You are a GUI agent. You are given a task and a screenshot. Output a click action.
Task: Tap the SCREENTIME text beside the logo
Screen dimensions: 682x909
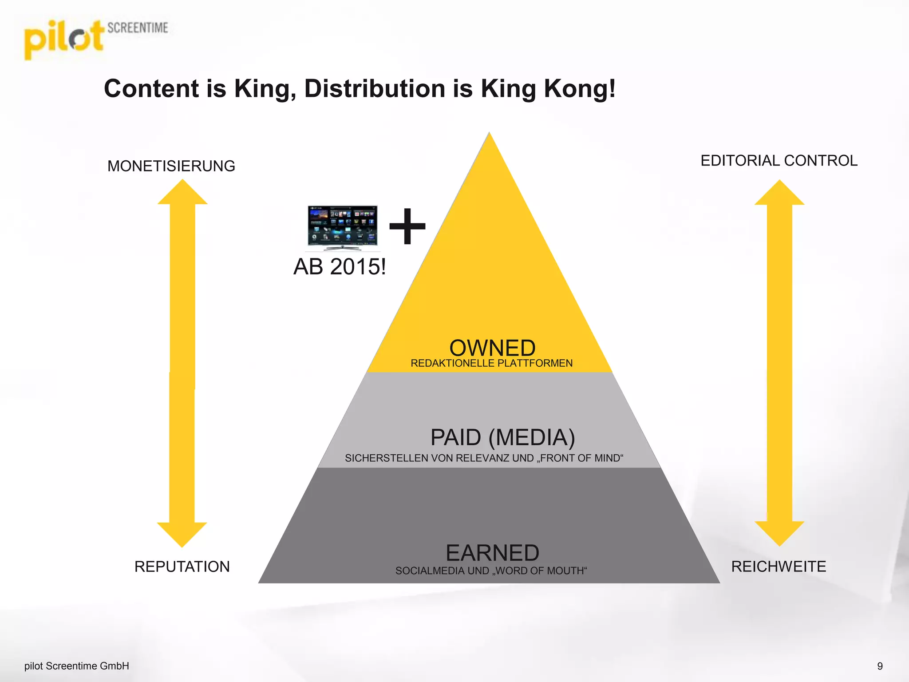point(138,28)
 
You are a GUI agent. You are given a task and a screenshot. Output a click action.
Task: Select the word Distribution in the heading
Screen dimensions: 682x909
point(375,88)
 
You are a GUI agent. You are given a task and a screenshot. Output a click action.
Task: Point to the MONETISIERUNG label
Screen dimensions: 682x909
point(171,166)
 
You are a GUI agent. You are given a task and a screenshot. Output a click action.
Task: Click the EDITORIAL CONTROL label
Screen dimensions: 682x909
point(779,161)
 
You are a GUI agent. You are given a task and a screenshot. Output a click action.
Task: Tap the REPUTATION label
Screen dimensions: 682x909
point(182,567)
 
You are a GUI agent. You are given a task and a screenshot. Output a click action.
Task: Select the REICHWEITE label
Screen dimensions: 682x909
point(779,567)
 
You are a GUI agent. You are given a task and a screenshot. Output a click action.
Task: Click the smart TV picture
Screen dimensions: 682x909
point(342,228)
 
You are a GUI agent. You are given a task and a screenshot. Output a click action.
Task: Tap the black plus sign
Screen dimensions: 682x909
point(407,226)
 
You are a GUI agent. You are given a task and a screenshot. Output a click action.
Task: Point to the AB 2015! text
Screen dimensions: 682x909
point(340,267)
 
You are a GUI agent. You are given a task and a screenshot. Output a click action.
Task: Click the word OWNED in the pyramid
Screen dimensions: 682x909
point(492,348)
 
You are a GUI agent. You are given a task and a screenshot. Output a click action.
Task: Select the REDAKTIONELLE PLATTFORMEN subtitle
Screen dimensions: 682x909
point(491,363)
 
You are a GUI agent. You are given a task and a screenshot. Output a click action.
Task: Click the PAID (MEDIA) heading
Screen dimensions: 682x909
point(502,437)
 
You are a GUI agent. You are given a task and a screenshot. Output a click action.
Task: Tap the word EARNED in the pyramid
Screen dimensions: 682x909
point(492,553)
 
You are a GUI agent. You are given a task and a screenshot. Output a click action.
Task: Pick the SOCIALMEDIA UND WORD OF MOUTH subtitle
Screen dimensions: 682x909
point(491,571)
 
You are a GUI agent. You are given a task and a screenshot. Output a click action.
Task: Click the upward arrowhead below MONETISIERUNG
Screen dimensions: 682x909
point(182,193)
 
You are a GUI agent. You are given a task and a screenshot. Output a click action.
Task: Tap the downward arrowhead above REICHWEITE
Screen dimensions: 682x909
point(779,533)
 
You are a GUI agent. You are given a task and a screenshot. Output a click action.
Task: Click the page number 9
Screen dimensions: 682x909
point(880,666)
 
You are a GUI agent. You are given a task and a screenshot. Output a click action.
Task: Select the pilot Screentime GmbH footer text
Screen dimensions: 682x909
point(77,666)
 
